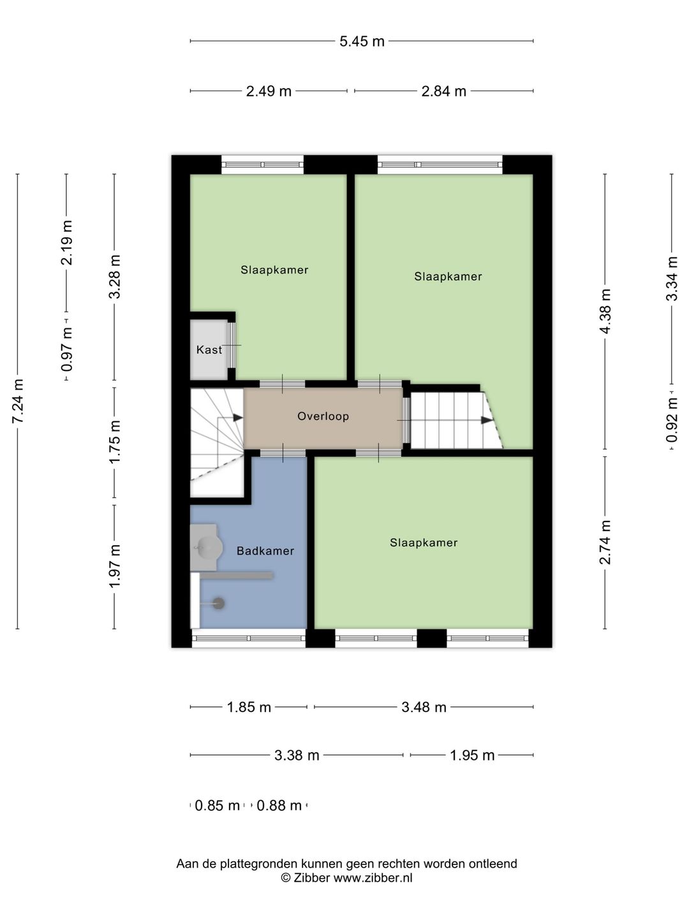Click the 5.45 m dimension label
click(362, 41)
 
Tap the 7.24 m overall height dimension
click(18, 401)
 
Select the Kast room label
click(209, 350)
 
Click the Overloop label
click(323, 416)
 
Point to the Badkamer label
click(265, 551)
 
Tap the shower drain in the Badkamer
click(219, 603)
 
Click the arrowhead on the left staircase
click(237, 418)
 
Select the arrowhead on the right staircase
click(486, 420)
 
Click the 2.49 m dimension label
click(269, 91)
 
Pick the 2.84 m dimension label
click(443, 91)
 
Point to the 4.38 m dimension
click(605, 310)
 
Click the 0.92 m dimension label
click(672, 419)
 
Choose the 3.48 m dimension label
click(424, 707)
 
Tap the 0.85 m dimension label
click(217, 806)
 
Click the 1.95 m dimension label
click(472, 755)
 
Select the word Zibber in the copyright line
click(311, 878)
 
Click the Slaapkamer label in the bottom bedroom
click(424, 543)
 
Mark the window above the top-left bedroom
click(262, 165)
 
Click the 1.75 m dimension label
click(115, 442)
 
